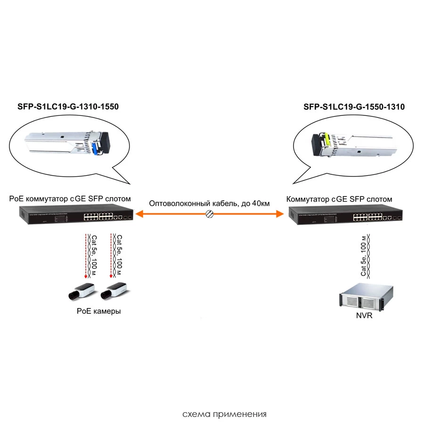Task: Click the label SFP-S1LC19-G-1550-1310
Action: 354,107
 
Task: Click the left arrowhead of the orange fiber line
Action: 139,214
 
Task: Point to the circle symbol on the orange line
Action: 210,214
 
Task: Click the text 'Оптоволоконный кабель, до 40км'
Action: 209,204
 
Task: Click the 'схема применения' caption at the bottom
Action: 224,414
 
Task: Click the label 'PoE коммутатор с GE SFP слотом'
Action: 70,199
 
